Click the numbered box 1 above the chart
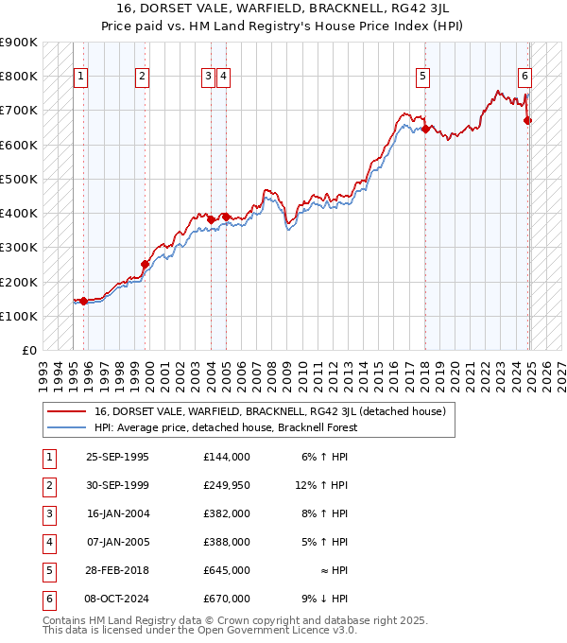(x=80, y=77)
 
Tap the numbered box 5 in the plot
(x=421, y=77)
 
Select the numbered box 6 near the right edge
(x=524, y=77)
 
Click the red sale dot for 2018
(x=425, y=130)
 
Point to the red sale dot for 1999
(x=145, y=265)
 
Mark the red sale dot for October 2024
(x=528, y=121)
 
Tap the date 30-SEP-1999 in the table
(x=117, y=485)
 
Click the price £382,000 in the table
(x=226, y=513)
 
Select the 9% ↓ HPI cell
(x=328, y=599)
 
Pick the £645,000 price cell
(x=226, y=570)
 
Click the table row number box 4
(x=47, y=542)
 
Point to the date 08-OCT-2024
(x=117, y=599)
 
